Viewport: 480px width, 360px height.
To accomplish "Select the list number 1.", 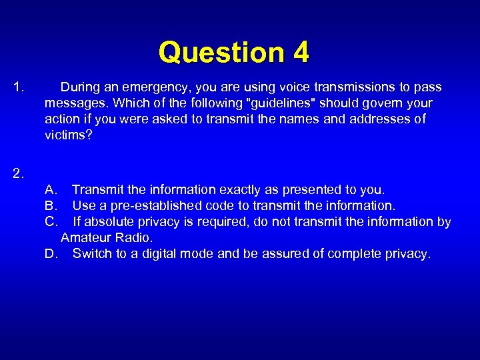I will pos(19,87).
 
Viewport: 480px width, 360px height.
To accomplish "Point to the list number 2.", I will pos(19,174).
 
